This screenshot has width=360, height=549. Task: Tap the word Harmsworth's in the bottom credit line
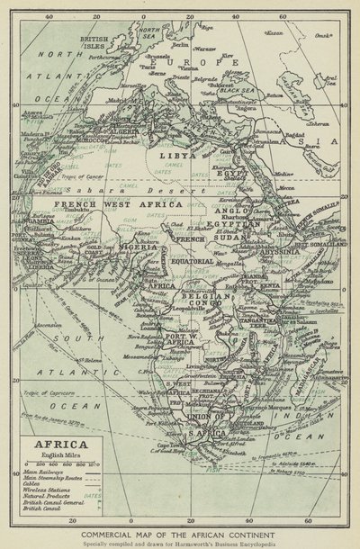point(216,542)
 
